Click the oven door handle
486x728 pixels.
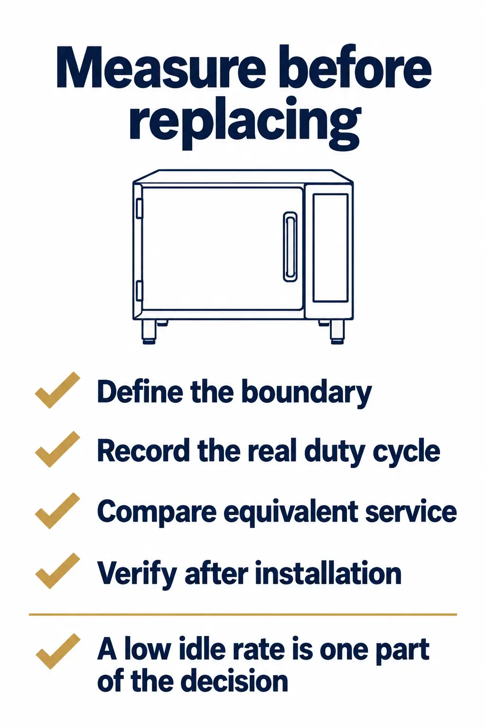(290, 246)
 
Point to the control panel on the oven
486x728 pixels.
(330, 248)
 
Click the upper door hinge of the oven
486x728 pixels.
(139, 208)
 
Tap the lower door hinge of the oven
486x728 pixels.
(139, 291)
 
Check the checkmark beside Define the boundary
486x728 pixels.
(57, 390)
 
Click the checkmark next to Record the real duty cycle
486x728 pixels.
(57, 449)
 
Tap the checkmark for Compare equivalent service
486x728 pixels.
(57, 510)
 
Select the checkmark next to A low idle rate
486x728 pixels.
(57, 651)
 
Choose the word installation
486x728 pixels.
(328, 573)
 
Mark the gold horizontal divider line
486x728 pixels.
(243, 614)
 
